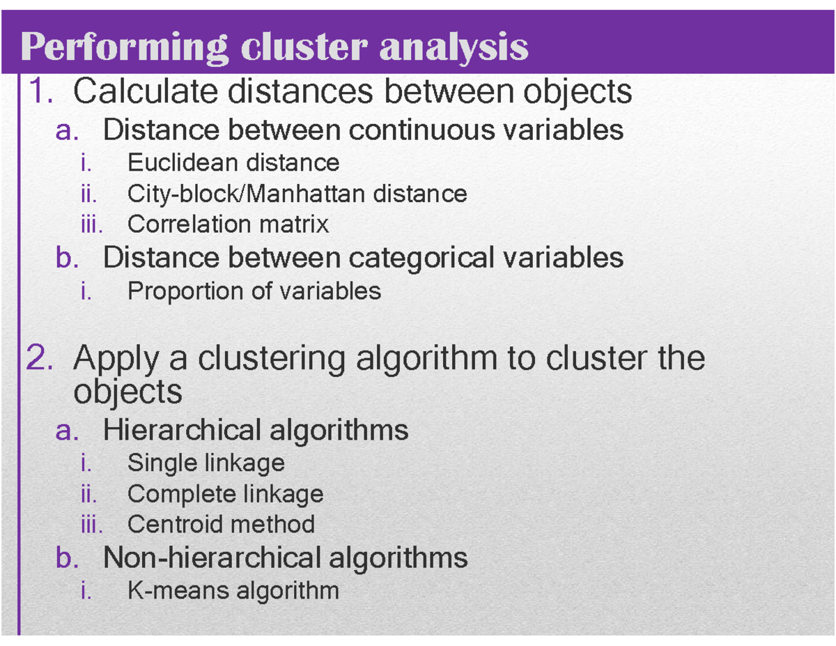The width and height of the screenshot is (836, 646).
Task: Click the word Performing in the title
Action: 125,47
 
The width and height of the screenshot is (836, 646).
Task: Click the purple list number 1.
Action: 40,91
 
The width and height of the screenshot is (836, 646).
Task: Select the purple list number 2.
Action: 40,358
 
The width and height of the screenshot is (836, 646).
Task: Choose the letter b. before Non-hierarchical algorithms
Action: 67,557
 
